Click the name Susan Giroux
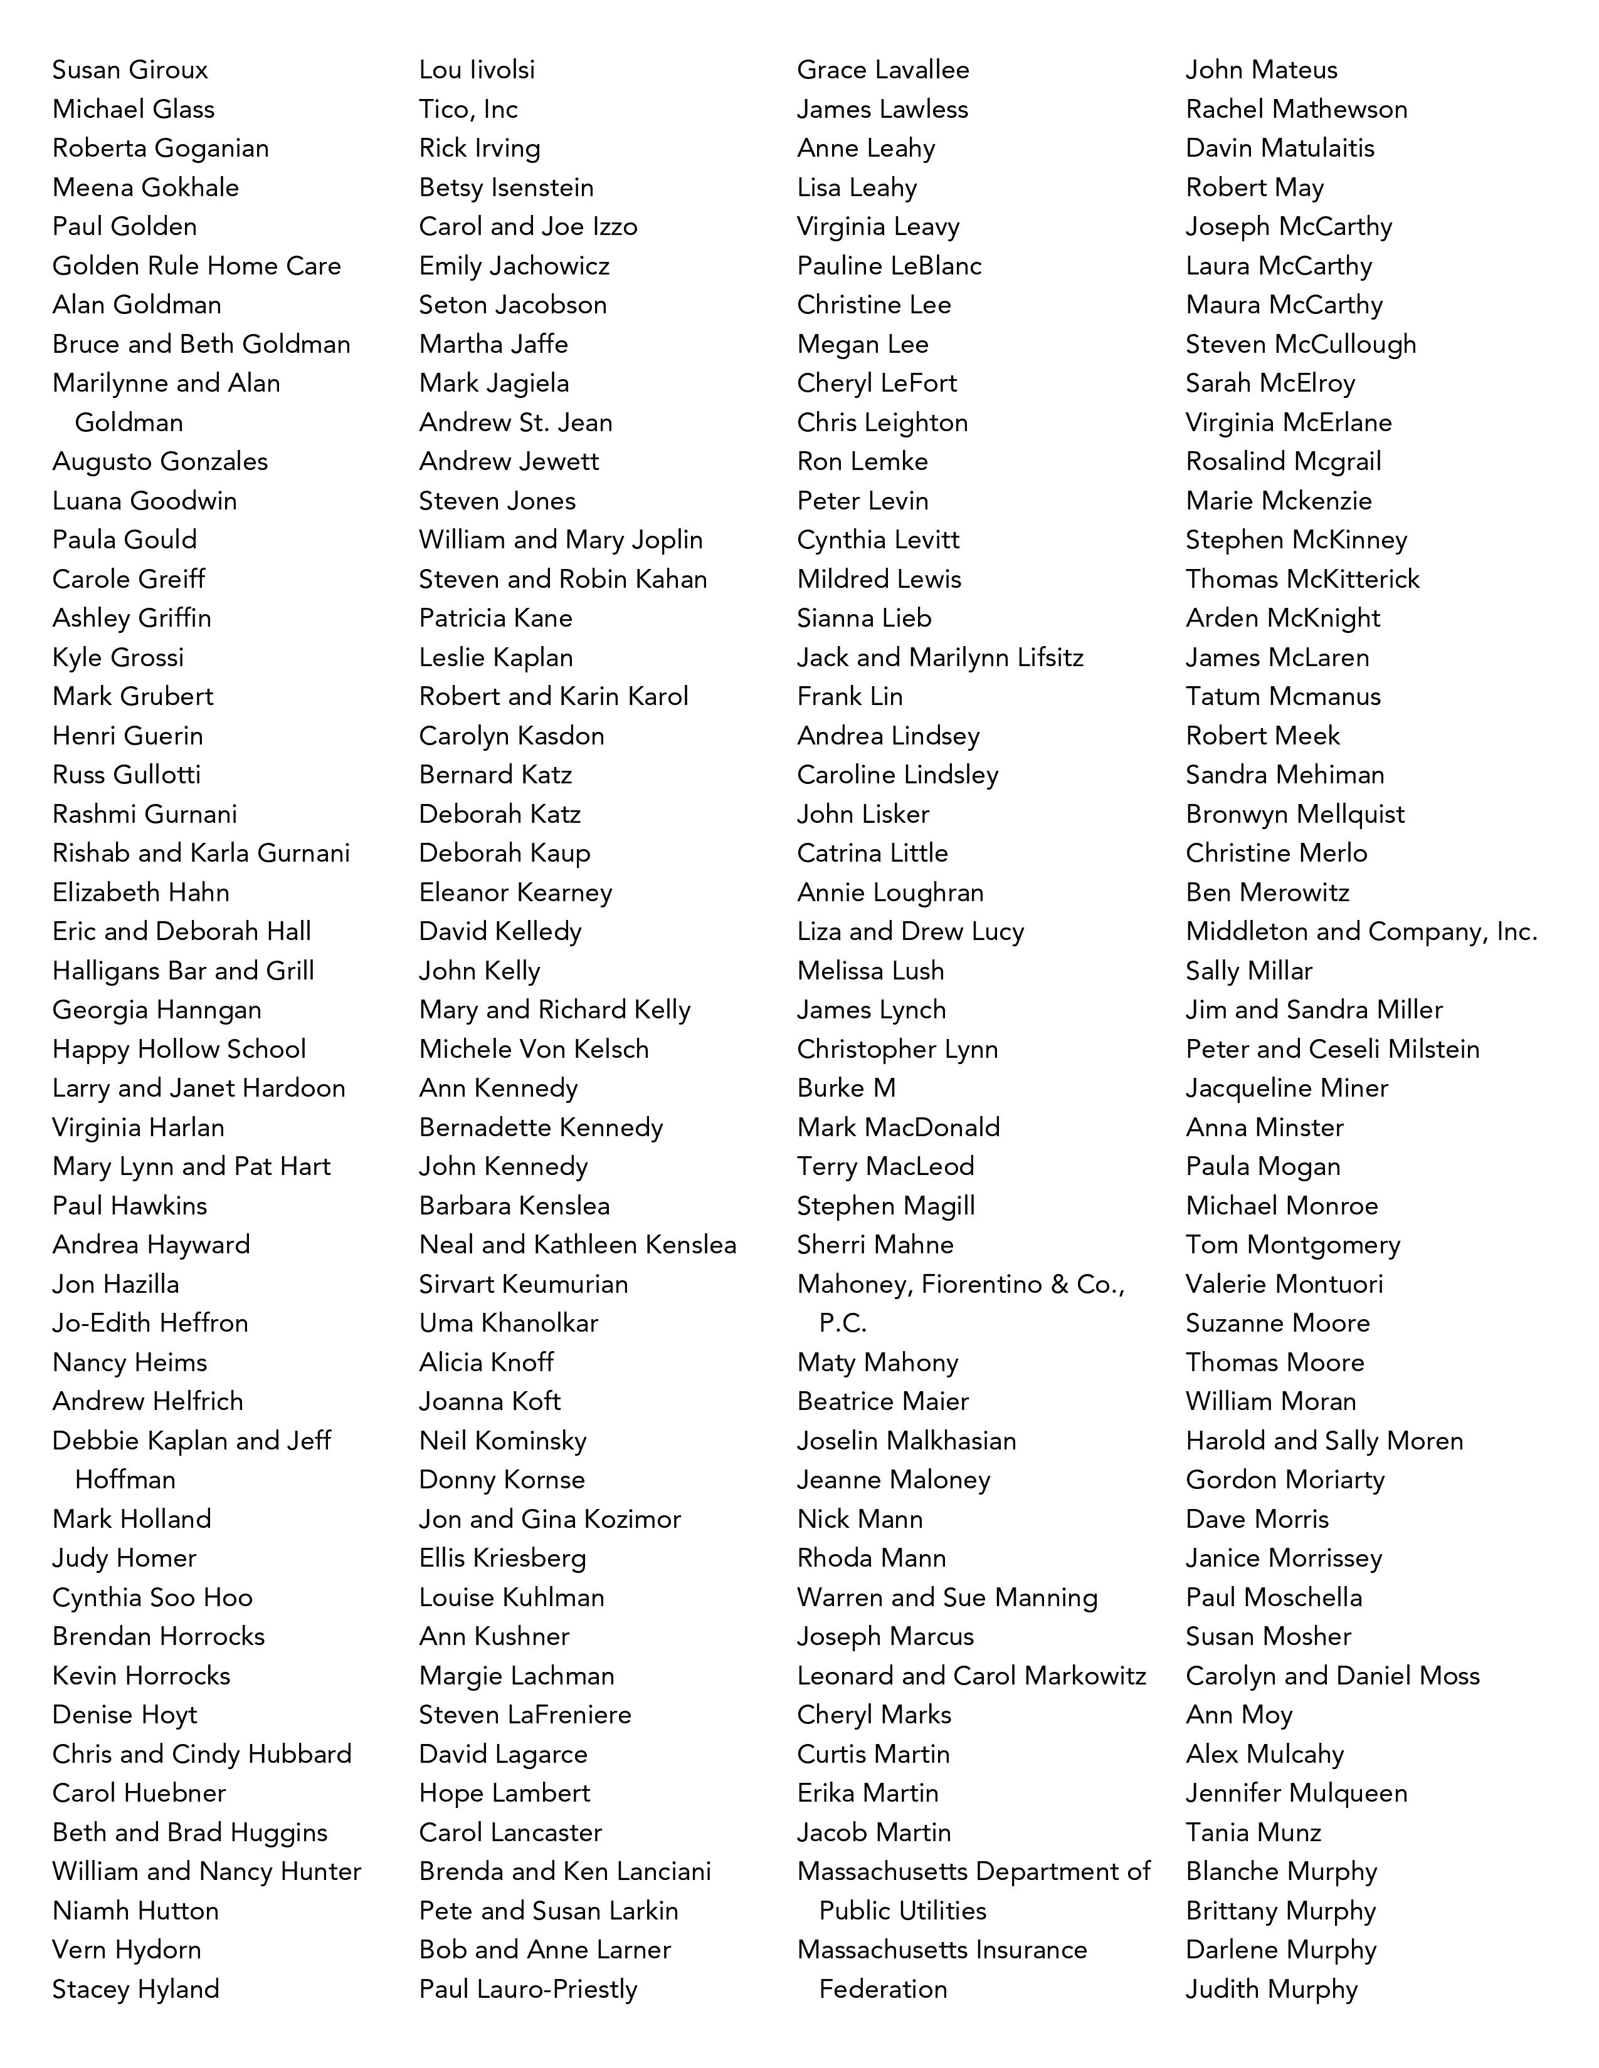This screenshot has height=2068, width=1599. pos(130,70)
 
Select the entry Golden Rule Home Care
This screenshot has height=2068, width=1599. pos(196,266)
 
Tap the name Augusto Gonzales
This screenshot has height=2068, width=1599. pos(160,462)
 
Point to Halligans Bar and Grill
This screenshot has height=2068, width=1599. pos(183,971)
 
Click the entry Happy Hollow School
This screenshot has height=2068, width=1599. pos(179,1049)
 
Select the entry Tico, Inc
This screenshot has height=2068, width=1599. pos(468,110)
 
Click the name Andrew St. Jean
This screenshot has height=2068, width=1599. pos(515,423)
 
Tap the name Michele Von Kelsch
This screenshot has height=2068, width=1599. pos(534,1049)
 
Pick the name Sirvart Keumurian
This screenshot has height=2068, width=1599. pos(523,1285)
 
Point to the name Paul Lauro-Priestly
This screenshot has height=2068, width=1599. pos(527,1990)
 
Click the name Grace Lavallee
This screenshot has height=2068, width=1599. pos(883,70)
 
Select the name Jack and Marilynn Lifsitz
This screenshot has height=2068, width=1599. pos(940,658)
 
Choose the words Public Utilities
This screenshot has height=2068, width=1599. pos(903,1911)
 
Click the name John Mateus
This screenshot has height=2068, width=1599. pos(1262,70)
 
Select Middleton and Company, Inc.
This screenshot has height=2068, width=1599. pos(1361,932)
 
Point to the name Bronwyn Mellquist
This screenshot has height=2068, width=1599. pos(1295,814)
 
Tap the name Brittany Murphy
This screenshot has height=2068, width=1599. pos(1280,1911)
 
